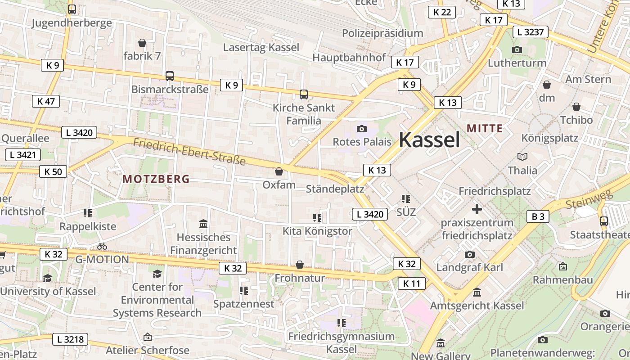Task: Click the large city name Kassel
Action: [429, 140]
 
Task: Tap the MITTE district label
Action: [485, 128]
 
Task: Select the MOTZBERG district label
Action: [156, 179]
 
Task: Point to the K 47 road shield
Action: [46, 101]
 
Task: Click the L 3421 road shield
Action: [23, 155]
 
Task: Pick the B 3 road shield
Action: [538, 216]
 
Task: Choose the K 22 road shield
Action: [441, 12]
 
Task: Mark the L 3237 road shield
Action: [531, 32]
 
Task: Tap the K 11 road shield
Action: [411, 283]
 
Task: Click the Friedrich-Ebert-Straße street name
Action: [189, 152]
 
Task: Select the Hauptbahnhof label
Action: [349, 58]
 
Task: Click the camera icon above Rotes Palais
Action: [362, 129]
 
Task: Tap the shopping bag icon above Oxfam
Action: [279, 171]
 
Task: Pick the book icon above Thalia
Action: [522, 157]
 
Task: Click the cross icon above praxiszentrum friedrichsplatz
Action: [477, 209]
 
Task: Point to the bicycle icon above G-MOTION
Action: [102, 246]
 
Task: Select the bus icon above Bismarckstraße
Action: [170, 76]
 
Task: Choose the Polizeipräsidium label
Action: [382, 33]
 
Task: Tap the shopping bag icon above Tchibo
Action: [576, 107]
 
